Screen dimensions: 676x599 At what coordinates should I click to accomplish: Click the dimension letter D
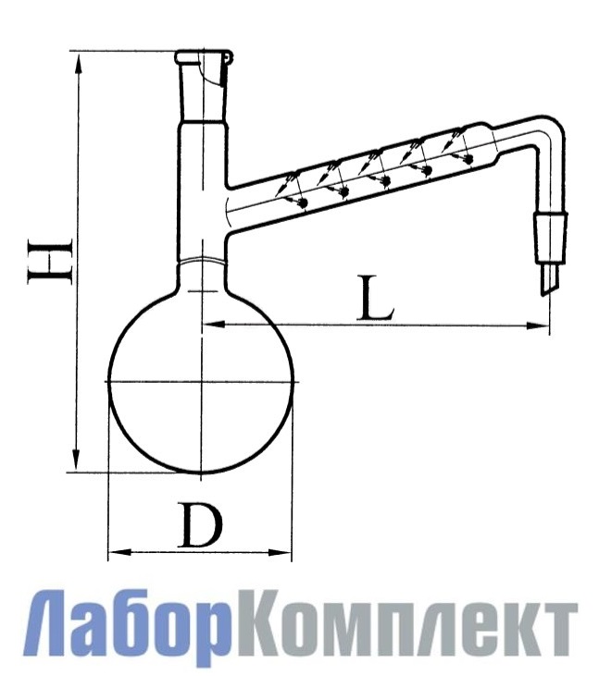pyautogui.click(x=201, y=528)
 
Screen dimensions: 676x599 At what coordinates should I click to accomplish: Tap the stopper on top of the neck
pyautogui.click(x=201, y=59)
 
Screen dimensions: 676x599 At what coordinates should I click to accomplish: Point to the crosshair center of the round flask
pyautogui.click(x=201, y=380)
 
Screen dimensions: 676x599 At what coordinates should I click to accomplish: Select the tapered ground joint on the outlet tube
pyautogui.click(x=554, y=235)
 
